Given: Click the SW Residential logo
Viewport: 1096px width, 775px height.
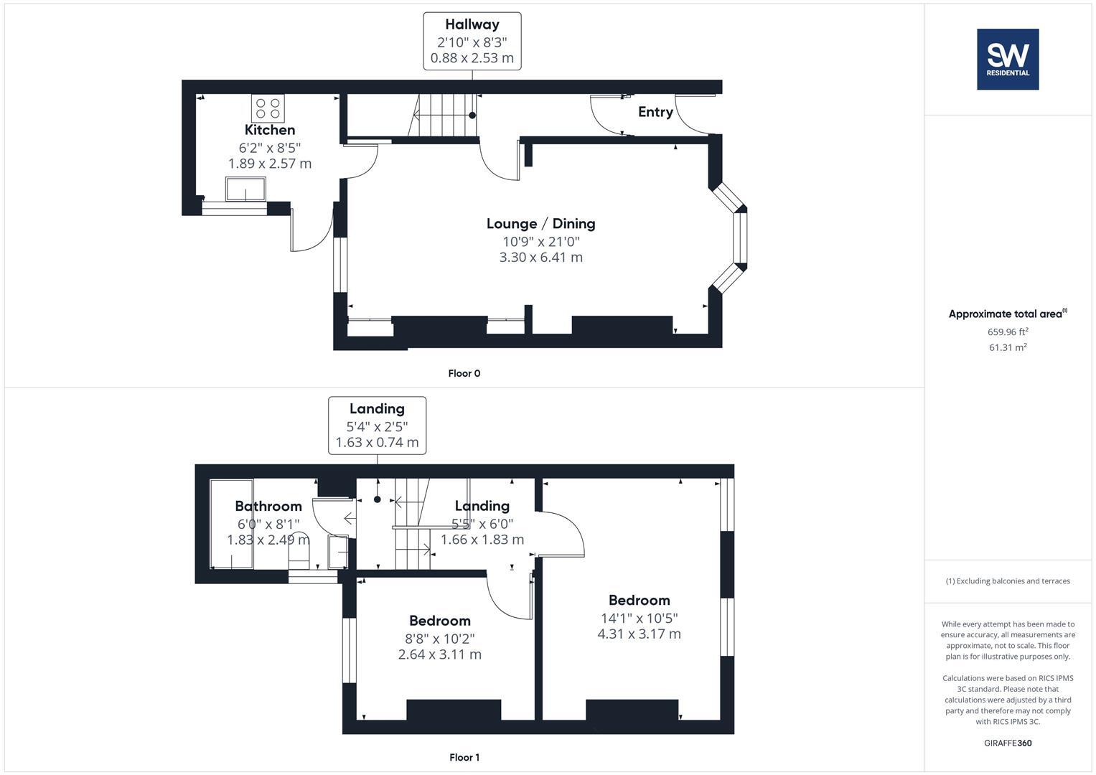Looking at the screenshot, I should click(1008, 59).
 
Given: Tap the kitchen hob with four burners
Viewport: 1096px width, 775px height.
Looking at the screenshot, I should click(268, 108).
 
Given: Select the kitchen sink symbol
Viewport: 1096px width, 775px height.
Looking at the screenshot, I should click(245, 190).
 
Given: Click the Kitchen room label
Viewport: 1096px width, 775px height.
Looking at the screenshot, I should click(270, 130).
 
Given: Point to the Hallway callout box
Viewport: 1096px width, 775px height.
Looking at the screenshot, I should click(472, 41).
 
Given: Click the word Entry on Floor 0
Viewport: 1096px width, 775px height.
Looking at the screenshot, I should click(655, 112).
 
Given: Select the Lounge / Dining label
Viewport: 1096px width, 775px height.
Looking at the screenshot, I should click(540, 223).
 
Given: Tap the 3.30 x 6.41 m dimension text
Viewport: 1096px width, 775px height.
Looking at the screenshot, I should click(540, 257).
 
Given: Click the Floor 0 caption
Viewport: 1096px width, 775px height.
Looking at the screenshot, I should click(464, 373).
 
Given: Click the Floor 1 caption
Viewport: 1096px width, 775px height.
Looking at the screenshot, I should click(464, 757).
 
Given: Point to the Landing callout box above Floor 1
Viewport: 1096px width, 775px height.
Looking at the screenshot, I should click(377, 426).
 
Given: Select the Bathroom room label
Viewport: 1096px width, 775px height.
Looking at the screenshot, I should click(268, 506).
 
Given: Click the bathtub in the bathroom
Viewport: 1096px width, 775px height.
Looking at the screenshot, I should click(232, 524).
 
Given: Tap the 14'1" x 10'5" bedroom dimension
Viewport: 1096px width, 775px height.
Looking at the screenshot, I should click(639, 618).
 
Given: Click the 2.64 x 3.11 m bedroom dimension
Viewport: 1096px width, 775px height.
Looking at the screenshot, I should click(439, 654).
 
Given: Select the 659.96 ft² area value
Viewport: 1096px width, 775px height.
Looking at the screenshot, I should click(1008, 332).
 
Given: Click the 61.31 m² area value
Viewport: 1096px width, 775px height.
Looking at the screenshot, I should click(1008, 347).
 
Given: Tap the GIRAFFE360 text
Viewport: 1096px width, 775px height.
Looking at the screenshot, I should click(1008, 743).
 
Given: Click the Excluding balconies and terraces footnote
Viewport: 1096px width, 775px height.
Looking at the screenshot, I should click(1008, 581).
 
